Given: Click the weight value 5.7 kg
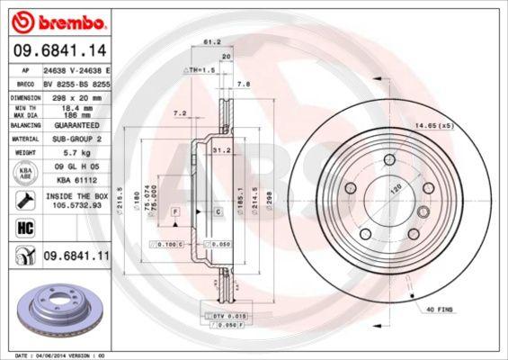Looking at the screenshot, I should pos(76,153).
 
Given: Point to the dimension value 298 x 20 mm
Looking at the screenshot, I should pos(76,96).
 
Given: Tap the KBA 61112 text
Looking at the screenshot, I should pos(76,178).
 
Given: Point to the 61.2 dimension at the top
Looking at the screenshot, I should pos(213,40).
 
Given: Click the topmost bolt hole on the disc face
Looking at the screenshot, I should pos(388,159).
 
